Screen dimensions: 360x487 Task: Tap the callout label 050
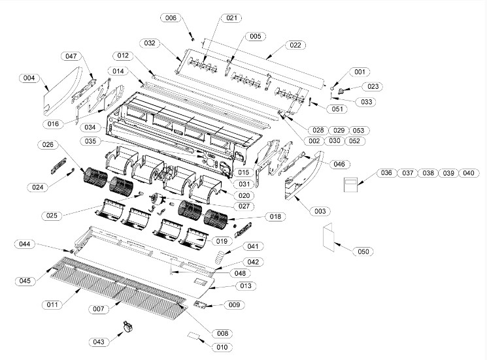(x=363, y=252)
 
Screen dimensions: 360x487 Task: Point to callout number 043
(x=99, y=342)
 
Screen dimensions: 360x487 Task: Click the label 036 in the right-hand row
(x=386, y=173)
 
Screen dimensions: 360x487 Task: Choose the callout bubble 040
(x=468, y=173)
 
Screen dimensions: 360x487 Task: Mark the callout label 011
(x=53, y=305)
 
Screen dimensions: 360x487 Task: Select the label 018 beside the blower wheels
(x=275, y=216)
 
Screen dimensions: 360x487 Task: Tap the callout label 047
(x=71, y=57)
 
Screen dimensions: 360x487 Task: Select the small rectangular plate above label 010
(x=194, y=336)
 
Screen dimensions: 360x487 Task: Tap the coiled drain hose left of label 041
(x=222, y=255)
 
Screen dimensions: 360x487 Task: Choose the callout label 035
(x=92, y=141)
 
